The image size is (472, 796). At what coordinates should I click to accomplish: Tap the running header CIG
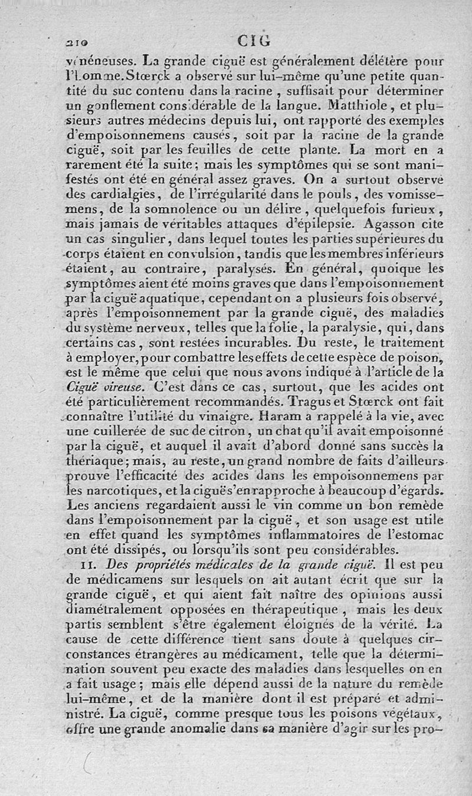[x=254, y=40]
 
